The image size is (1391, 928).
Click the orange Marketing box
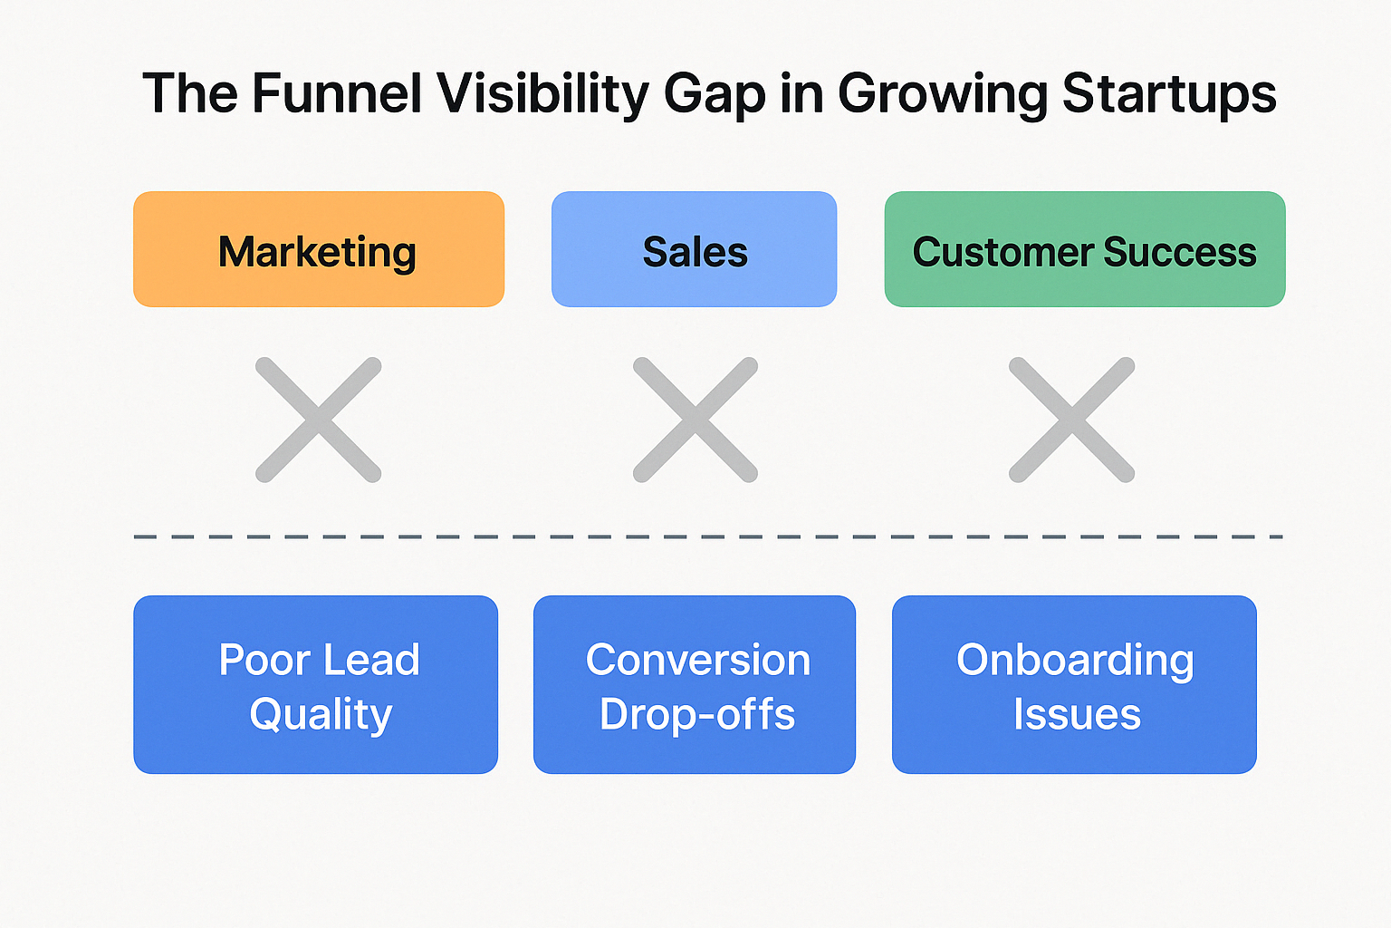coord(318,249)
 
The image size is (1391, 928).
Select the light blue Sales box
coord(694,249)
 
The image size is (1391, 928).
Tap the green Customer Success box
coord(1084,249)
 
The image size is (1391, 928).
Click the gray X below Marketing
coord(318,420)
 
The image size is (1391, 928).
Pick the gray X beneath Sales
coord(695,420)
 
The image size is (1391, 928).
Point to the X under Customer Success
coord(1071,420)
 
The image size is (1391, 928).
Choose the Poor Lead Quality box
coord(315,684)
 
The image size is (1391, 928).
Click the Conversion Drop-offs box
coord(694,684)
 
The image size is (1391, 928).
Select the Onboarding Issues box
coord(1074,684)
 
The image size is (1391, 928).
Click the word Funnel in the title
coord(337,93)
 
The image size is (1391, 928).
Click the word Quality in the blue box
coord(321,715)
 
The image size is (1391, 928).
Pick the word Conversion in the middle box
coord(697,660)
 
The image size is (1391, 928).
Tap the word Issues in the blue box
coord(1077,714)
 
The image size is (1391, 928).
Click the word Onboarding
coord(1075,661)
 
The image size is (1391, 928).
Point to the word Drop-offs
coord(697,714)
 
